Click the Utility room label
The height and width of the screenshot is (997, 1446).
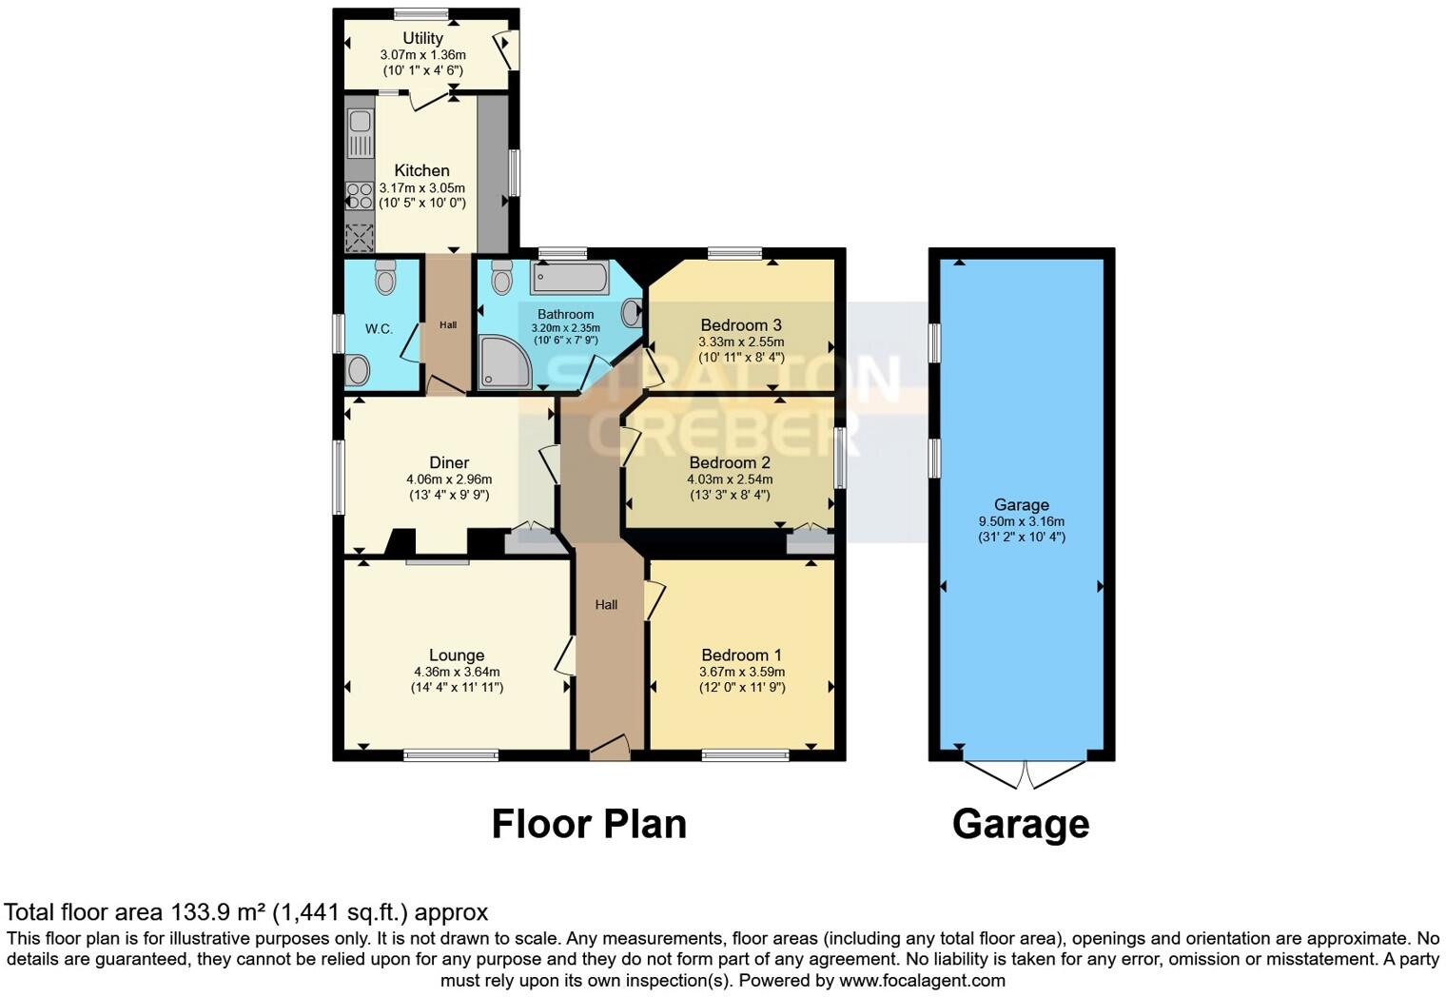pos(422,38)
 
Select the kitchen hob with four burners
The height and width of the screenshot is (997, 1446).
pos(360,196)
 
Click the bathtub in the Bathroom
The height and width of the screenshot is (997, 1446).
pos(570,278)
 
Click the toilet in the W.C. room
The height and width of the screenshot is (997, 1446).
pos(385,278)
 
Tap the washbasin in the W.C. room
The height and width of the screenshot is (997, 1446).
pos(358,369)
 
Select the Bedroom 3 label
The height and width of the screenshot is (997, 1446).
pos(741,325)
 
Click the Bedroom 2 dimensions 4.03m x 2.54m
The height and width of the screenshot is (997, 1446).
pos(730,479)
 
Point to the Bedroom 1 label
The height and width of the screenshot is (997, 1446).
pos(741,655)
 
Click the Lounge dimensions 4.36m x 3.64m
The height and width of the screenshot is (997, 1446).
pos(457,672)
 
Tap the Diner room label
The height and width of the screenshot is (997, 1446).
pos(449,463)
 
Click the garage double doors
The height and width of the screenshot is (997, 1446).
pos(1024,773)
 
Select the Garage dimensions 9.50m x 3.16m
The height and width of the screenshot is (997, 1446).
pos(1022,521)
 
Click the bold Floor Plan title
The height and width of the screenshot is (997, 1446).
pos(589,824)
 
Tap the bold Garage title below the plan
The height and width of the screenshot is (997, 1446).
pos(1021,824)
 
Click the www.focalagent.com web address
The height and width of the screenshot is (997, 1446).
pos(922,981)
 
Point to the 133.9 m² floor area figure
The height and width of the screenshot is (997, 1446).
pos(218,912)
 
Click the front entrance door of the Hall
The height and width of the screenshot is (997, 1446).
pos(610,748)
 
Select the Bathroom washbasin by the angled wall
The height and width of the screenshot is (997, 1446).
pos(632,312)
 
